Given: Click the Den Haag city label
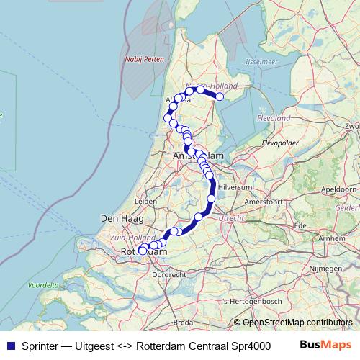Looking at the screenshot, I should pos(117,217).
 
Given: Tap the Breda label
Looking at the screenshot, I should pos(184,322).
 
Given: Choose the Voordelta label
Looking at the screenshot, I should pos(43,285).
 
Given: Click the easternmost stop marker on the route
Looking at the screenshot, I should pos(220,96).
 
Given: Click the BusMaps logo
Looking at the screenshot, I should pos(324,345).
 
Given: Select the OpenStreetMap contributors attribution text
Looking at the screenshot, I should pos(297,323).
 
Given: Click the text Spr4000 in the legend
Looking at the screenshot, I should pos(256,345).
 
